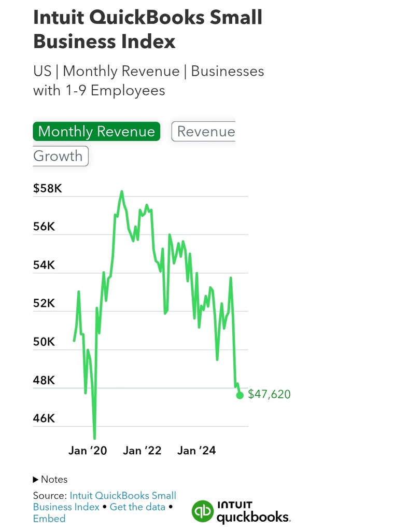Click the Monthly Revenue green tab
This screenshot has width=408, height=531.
coord(96,131)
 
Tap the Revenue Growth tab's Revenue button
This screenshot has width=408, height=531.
coord(206,131)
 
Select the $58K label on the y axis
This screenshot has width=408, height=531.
coord(48,188)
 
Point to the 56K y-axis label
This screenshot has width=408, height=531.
coord(44,227)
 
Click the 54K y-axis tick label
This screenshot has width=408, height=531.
coord(44,265)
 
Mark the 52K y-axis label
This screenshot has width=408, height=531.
coord(44,303)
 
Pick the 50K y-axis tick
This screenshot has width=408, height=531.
coord(44,342)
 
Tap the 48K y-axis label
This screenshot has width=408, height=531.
coord(44,380)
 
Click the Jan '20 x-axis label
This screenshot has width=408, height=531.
coord(88,451)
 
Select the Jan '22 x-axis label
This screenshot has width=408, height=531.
coord(142,451)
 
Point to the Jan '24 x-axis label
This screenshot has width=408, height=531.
coord(196,451)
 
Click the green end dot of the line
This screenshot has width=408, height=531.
coord(240,395)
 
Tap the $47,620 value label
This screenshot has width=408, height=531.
coord(269,395)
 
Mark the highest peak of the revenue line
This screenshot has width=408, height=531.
coord(122,191)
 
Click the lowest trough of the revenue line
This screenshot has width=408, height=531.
coord(94,439)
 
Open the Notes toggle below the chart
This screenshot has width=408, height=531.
coord(50,479)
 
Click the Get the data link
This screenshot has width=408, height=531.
coord(137,507)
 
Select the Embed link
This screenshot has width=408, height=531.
coord(49,519)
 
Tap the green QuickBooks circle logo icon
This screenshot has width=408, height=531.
coord(202,511)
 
